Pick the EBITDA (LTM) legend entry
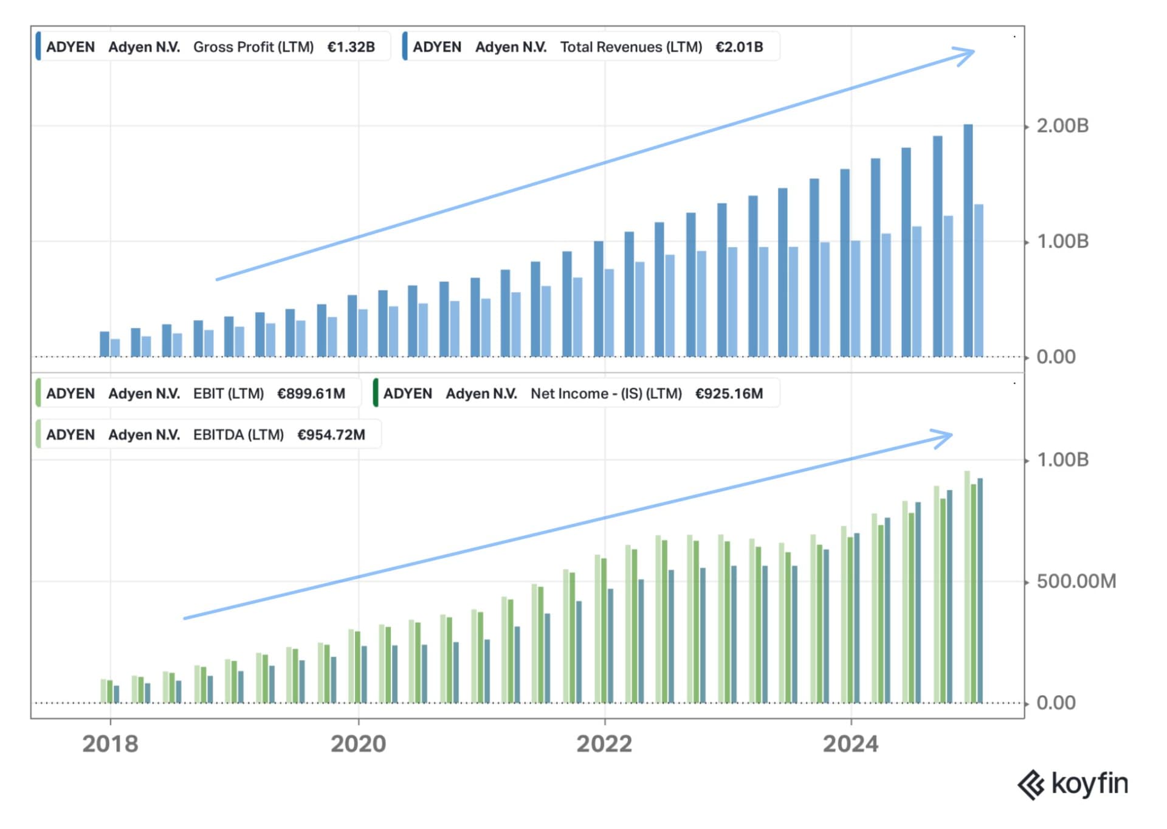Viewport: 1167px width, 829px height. pos(206,435)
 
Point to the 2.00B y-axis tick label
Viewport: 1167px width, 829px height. pos(1062,126)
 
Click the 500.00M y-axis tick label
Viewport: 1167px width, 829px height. pos(1076,581)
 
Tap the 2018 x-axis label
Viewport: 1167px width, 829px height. pos(110,744)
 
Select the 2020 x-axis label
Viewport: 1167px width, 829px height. pos(358,744)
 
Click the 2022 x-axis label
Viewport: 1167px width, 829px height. pos(604,744)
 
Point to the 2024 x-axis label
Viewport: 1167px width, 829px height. pos(850,744)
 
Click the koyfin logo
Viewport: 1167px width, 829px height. pos(1073,784)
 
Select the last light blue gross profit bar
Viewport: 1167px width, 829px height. pos(979,280)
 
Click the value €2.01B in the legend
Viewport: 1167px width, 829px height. pos(738,47)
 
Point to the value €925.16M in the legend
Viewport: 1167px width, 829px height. pos(729,394)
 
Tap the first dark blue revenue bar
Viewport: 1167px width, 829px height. pos(105,344)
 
